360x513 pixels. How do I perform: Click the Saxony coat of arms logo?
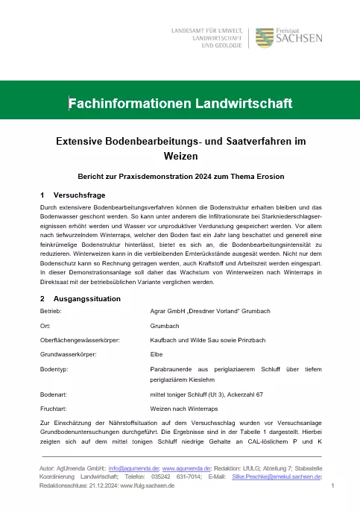(x=264, y=37)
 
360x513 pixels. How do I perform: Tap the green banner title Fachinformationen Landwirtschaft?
(x=180, y=103)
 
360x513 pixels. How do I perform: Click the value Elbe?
(x=157, y=354)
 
